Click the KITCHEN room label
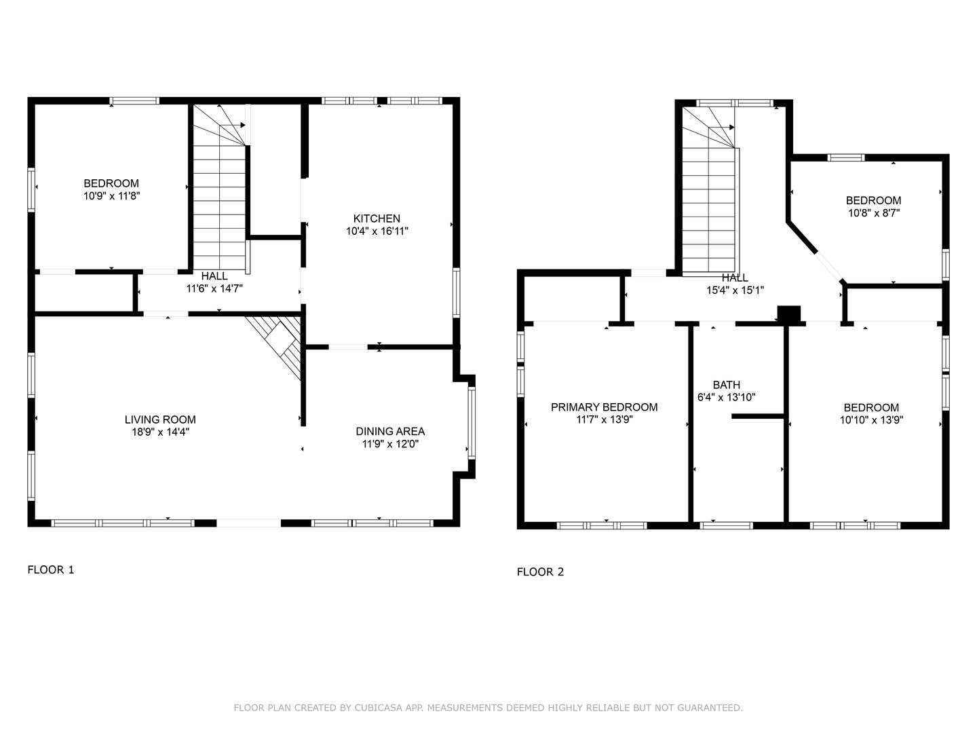(377, 219)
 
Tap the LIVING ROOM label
(160, 419)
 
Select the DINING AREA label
(390, 431)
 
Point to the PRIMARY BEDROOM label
(604, 407)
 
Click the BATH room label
(727, 385)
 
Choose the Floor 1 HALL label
(214, 276)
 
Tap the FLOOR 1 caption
(51, 569)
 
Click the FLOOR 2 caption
(540, 572)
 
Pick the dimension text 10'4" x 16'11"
(377, 231)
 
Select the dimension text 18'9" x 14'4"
(160, 432)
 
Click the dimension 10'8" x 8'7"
(874, 212)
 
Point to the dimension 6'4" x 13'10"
(727, 397)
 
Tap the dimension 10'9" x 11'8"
(112, 195)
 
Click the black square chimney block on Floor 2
(788, 314)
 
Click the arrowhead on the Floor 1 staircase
(243, 125)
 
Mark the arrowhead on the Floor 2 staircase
(732, 128)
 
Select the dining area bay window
(472, 423)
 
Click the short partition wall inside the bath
(758, 417)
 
